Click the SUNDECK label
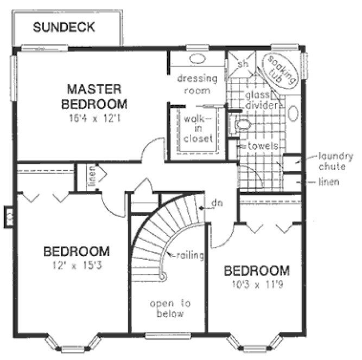coord(64,27)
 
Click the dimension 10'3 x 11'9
coord(257,285)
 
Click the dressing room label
coord(196,85)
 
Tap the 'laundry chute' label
coord(336,162)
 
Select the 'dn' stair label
coord(217,204)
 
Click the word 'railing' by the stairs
coord(189,255)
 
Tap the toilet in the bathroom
coord(242,125)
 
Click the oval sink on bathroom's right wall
coord(294,113)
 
